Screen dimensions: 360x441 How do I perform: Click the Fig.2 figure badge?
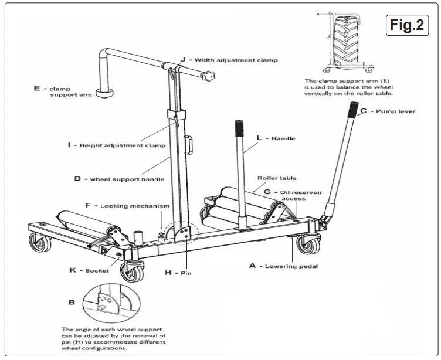point(406,26)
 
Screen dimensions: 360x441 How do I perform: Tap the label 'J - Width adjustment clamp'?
point(229,60)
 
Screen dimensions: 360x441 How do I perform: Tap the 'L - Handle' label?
point(275,138)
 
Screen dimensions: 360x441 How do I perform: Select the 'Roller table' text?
point(277,178)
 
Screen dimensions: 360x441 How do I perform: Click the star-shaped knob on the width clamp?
point(209,76)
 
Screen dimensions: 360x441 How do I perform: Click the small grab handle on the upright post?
point(189,144)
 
